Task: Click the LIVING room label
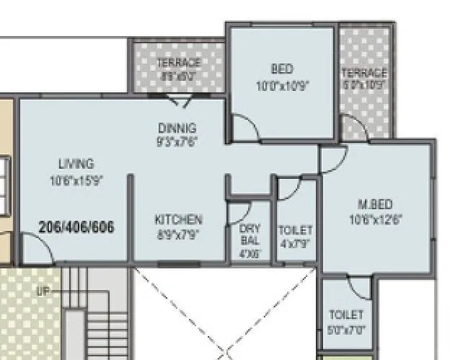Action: click(x=76, y=164)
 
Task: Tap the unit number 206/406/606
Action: click(x=76, y=227)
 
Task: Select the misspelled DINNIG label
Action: click(x=177, y=128)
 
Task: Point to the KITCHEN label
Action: click(x=179, y=219)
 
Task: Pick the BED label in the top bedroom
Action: click(x=282, y=69)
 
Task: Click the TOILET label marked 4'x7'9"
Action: click(x=296, y=230)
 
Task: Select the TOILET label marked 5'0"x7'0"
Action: click(x=346, y=315)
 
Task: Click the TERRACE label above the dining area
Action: click(x=179, y=63)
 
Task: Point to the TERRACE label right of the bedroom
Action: click(x=363, y=73)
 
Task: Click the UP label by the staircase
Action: click(x=45, y=291)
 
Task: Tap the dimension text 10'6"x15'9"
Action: click(x=76, y=180)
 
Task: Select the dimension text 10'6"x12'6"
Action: click(x=375, y=219)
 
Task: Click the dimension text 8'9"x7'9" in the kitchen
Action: click(x=179, y=234)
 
